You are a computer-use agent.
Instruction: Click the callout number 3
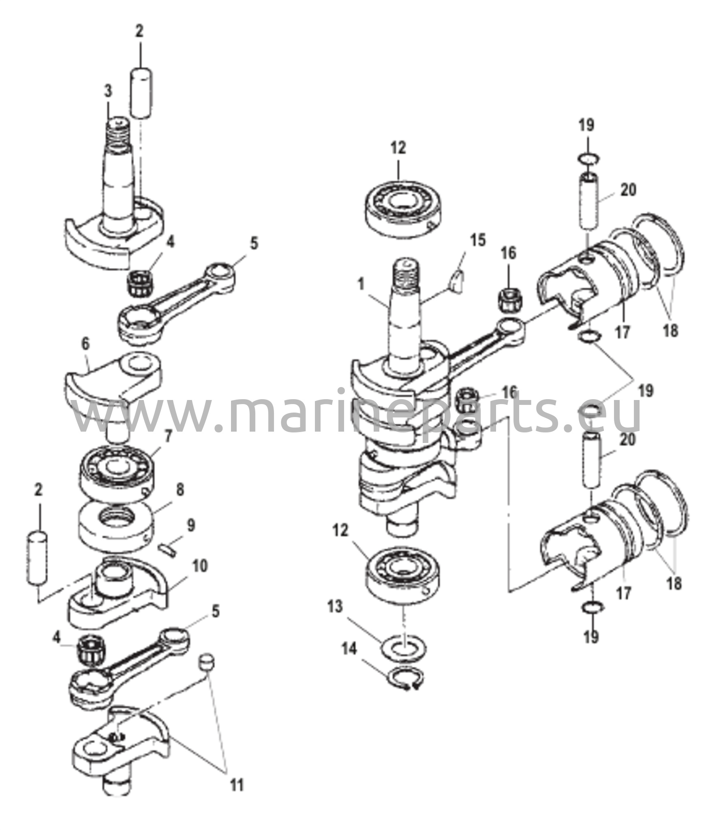click(108, 92)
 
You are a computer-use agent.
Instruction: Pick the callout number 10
click(199, 566)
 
